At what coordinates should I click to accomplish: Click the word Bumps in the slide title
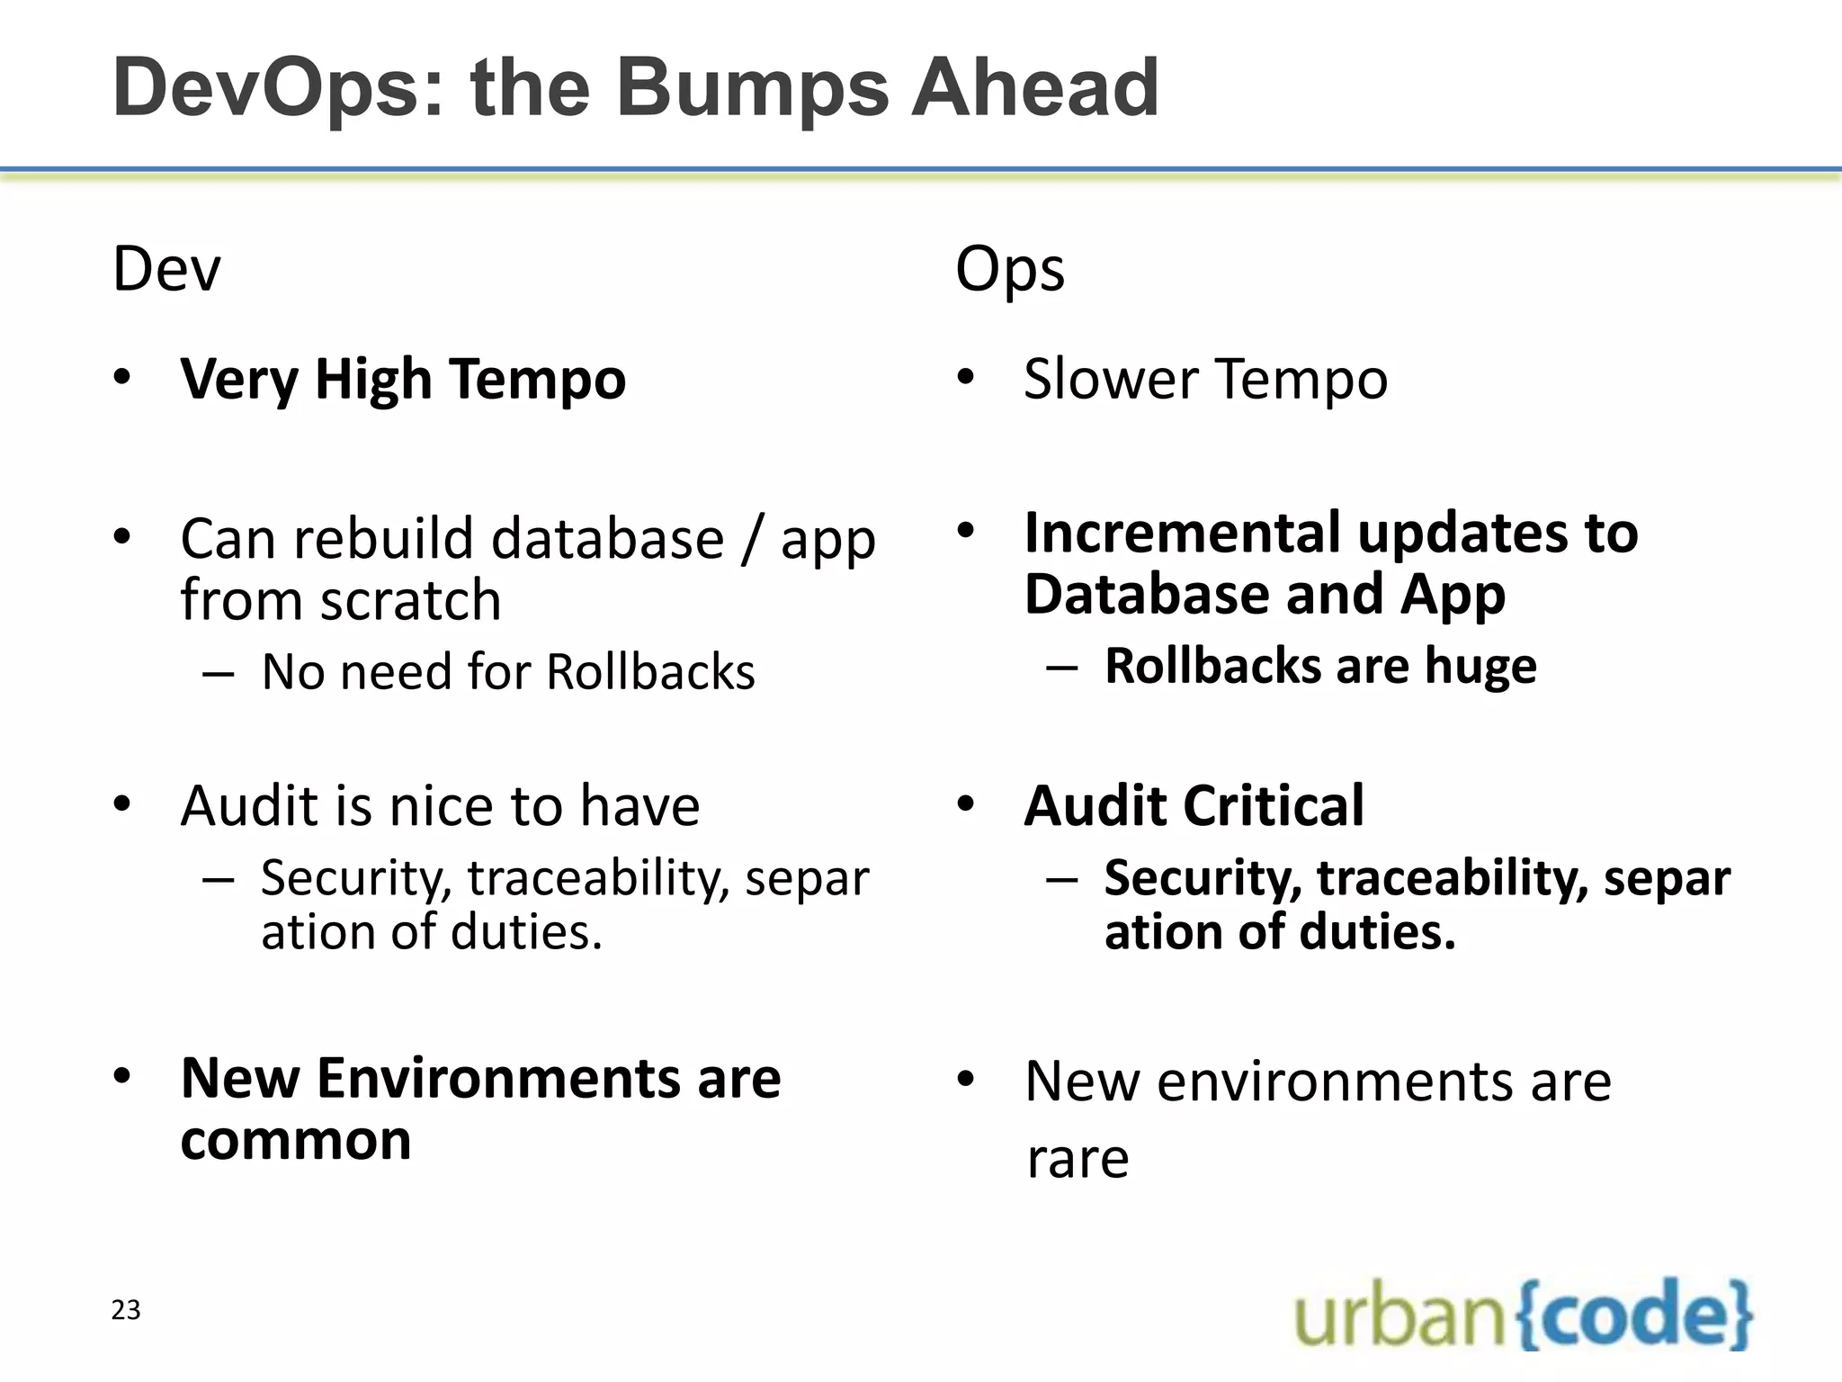tap(751, 88)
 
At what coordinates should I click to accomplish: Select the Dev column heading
tap(165, 269)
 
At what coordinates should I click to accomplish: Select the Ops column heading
tap(1009, 269)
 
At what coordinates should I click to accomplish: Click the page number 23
tap(126, 1310)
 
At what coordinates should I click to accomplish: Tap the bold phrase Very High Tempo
tap(403, 379)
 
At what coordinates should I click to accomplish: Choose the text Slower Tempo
tap(1205, 379)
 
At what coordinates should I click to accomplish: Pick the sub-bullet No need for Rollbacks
tap(508, 672)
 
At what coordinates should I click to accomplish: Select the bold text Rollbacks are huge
tap(1320, 667)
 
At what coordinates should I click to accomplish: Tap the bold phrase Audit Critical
tap(1194, 805)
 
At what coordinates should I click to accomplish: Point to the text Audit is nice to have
tap(440, 805)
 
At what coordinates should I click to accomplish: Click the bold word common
tap(296, 1140)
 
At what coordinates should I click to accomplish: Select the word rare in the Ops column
tap(1077, 1158)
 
